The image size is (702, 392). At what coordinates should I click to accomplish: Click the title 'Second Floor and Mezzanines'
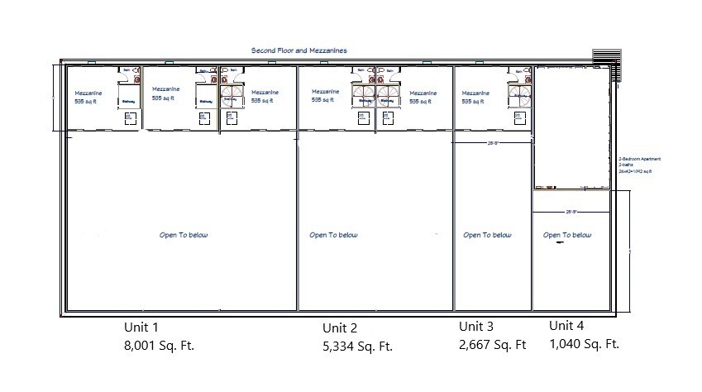(x=298, y=50)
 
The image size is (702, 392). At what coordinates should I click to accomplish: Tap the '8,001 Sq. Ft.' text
(x=159, y=345)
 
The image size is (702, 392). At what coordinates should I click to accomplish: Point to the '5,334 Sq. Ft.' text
(x=357, y=347)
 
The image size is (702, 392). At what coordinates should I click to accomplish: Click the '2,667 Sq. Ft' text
(x=493, y=344)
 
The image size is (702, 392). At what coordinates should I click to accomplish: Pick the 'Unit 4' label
(x=566, y=326)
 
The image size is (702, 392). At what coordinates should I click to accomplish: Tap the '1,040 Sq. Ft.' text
(x=584, y=344)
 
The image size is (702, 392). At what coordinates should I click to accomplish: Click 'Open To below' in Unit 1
(x=184, y=235)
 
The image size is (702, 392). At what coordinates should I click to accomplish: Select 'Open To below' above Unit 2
(x=333, y=235)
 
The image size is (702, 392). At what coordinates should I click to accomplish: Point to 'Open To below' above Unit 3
(x=487, y=235)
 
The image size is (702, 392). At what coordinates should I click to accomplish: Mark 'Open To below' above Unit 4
(x=567, y=235)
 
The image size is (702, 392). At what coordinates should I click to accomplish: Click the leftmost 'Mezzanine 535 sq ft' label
(x=88, y=97)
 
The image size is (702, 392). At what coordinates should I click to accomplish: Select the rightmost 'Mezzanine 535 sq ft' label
(x=475, y=97)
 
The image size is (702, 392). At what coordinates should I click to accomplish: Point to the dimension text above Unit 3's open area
(x=492, y=143)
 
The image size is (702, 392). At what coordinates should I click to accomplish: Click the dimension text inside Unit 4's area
(x=571, y=212)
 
